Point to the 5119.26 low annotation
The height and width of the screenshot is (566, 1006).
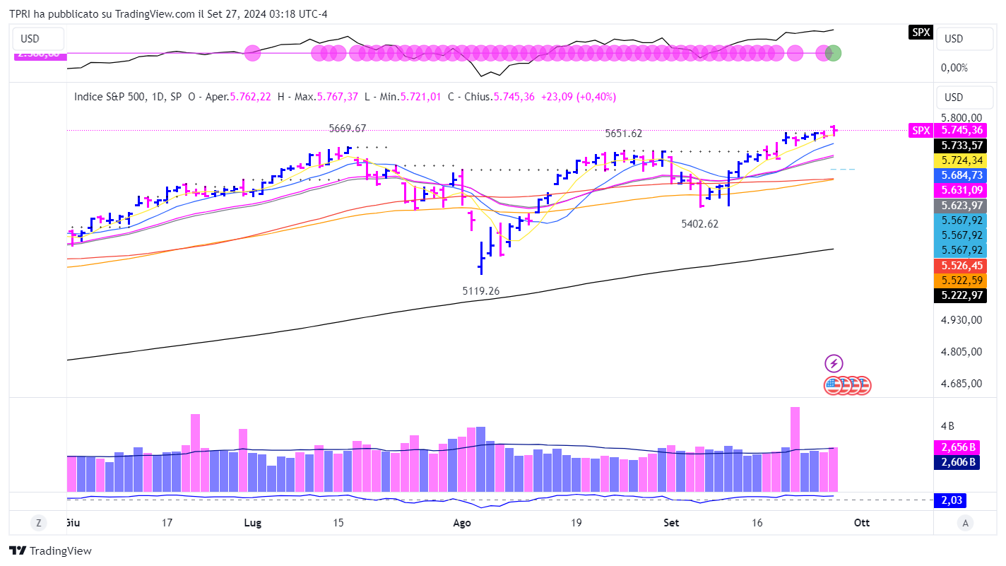[485, 290]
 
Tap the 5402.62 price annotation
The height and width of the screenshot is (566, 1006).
[704, 223]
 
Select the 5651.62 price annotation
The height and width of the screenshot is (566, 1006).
[623, 133]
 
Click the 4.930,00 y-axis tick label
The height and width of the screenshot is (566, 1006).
[961, 319]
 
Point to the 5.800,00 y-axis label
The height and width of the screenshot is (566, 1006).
[961, 118]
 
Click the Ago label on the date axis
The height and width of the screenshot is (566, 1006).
[462, 523]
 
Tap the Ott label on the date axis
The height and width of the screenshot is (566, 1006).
[861, 523]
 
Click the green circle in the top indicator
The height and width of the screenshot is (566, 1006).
[834, 52]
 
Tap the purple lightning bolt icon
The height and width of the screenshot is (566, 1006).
[834, 364]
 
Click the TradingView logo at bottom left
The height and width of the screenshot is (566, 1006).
[51, 551]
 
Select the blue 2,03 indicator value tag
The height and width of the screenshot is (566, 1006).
[949, 500]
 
